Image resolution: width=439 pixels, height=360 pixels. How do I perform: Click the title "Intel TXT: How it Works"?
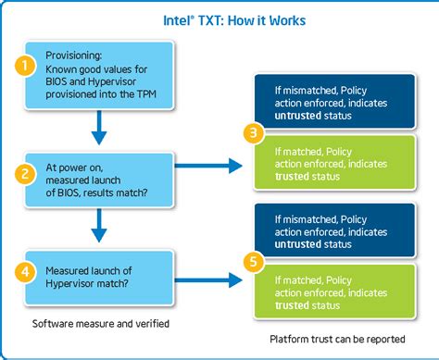219,19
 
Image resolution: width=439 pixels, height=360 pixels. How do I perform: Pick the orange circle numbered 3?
250,135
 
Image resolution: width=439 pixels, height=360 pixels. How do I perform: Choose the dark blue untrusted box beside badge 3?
339,102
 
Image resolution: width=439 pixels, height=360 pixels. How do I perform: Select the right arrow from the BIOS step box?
207,167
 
